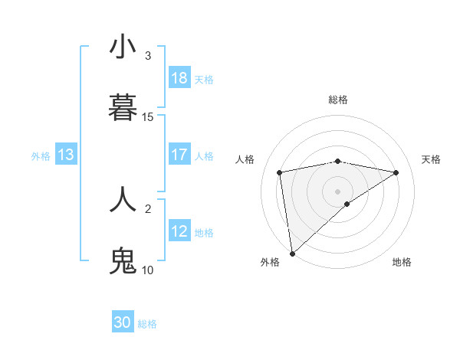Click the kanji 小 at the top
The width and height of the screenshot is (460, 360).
click(x=123, y=47)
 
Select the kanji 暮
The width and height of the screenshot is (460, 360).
click(x=123, y=108)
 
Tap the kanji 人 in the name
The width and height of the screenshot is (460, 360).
click(x=123, y=198)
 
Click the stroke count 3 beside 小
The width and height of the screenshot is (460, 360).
click(x=148, y=56)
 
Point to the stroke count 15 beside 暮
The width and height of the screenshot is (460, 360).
click(x=148, y=117)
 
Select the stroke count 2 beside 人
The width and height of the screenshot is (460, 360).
click(x=148, y=208)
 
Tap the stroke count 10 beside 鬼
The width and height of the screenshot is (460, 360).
click(x=148, y=270)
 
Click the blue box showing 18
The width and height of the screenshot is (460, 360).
click(x=179, y=78)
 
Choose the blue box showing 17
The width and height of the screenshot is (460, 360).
click(x=179, y=155)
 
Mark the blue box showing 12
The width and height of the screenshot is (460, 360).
click(x=179, y=231)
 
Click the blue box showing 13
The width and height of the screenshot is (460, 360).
click(x=65, y=155)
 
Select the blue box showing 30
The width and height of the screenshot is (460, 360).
click(x=123, y=322)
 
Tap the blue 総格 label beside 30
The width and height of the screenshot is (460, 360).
click(x=147, y=324)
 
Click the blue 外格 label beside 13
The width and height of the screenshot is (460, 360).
click(x=41, y=156)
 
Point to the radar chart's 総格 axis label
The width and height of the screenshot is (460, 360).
click(x=338, y=100)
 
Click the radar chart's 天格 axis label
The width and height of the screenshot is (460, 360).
click(x=431, y=159)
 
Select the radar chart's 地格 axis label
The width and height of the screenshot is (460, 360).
click(x=402, y=262)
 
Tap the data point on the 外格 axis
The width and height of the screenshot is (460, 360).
click(x=291, y=253)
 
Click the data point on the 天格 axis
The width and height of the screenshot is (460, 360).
click(x=396, y=172)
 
